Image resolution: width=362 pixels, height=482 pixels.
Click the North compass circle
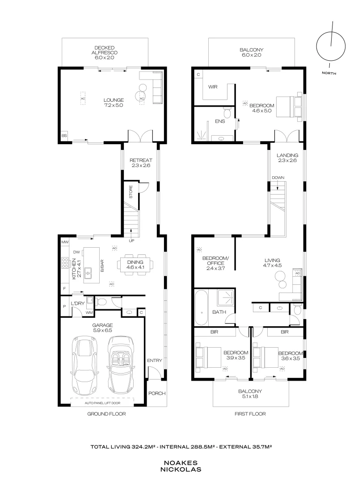point(331,46)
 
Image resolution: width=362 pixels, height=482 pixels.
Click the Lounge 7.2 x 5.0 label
point(114,103)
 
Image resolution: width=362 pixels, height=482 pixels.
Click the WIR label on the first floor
point(213,87)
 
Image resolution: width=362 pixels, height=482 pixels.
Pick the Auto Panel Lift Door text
point(104,402)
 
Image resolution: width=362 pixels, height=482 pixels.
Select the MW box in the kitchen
point(65,241)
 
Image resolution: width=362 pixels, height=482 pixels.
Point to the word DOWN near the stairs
point(278,178)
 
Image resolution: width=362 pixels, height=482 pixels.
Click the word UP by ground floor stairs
point(131,241)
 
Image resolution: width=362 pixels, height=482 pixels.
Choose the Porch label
point(156,393)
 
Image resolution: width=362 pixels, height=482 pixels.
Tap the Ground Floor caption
point(106,414)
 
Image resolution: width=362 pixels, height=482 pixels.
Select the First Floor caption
point(250,414)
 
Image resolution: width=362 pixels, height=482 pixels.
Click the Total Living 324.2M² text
point(124,446)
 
